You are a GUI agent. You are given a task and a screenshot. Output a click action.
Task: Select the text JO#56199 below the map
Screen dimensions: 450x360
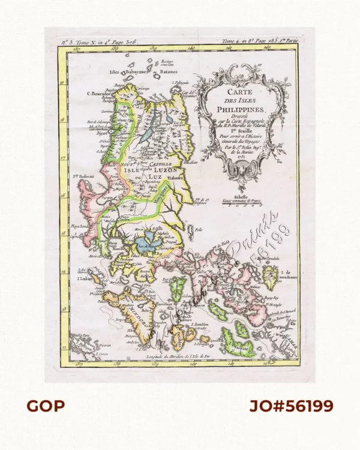click(291, 406)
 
